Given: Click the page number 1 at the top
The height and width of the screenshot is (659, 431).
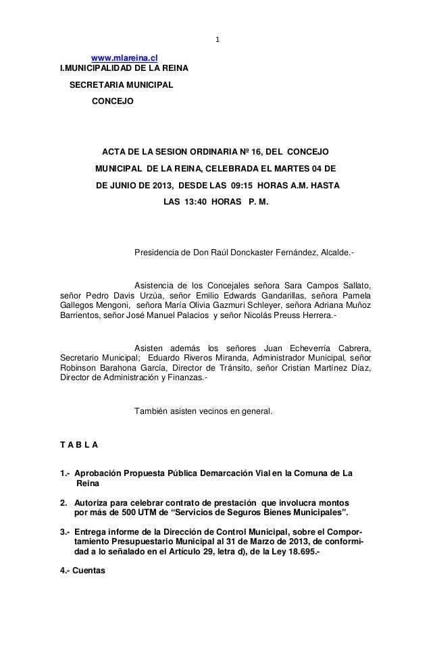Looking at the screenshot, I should tap(217, 38).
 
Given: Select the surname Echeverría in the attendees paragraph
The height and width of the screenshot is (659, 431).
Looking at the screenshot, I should tap(292, 348).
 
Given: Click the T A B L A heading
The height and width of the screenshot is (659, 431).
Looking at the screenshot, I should tap(79, 445).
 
